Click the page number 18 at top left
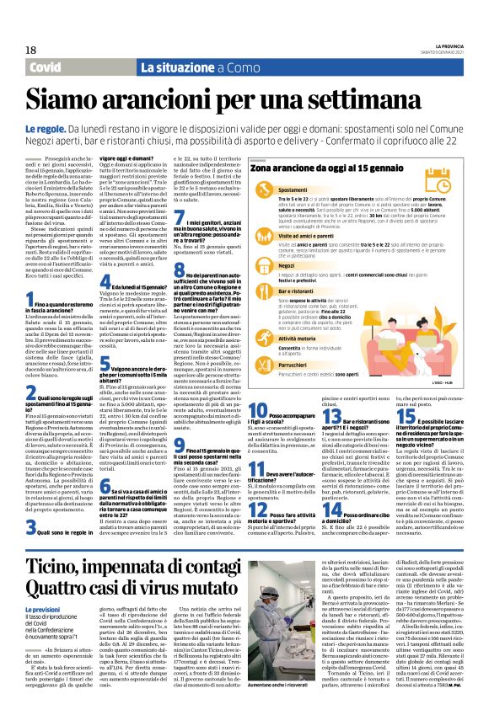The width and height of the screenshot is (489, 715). (19, 51)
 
